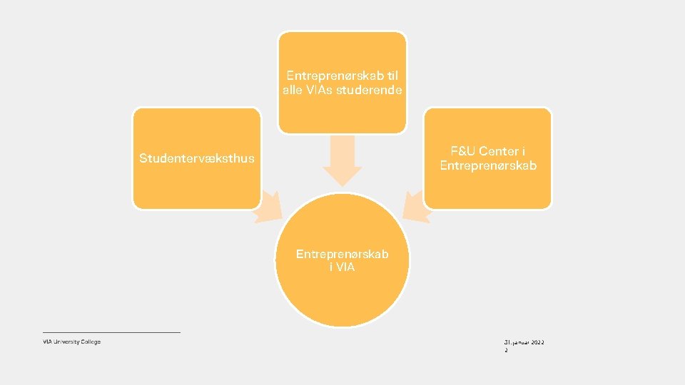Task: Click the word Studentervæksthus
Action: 196,158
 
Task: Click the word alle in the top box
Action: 293,90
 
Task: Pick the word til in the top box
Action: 392,75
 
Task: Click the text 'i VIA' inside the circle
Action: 342,267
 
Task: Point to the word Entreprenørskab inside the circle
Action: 342,254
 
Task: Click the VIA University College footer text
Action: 71,342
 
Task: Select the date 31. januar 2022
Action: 524,343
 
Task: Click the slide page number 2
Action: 506,351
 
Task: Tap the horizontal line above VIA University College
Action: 111,332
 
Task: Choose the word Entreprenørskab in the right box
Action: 488,166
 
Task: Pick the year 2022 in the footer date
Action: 537,343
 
